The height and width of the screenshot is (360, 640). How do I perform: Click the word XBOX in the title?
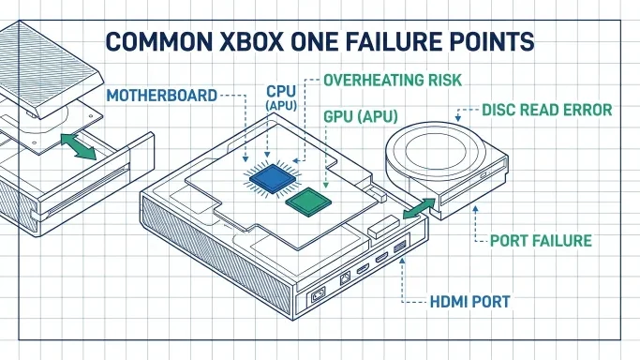pyautogui.click(x=251, y=41)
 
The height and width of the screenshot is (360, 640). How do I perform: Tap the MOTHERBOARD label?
pyautogui.click(x=161, y=96)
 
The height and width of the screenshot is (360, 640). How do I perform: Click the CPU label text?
pyautogui.click(x=281, y=91)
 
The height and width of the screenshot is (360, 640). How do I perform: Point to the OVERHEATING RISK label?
pyautogui.click(x=393, y=80)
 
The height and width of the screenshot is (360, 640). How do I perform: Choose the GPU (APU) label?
pyautogui.click(x=361, y=117)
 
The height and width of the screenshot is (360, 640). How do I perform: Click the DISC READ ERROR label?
pyautogui.click(x=547, y=110)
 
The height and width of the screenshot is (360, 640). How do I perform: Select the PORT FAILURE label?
pyautogui.click(x=541, y=241)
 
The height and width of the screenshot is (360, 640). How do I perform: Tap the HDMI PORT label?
pyautogui.click(x=469, y=302)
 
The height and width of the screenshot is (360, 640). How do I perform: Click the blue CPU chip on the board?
pyautogui.click(x=273, y=178)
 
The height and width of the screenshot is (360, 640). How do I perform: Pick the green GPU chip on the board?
pyautogui.click(x=308, y=202)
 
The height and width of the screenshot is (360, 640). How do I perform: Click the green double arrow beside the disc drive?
pyautogui.click(x=419, y=208)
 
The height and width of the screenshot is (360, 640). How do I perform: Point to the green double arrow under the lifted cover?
pyautogui.click(x=79, y=146)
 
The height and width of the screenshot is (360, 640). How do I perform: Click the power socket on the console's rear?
pyautogui.click(x=319, y=294)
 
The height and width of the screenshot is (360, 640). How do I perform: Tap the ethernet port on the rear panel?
pyautogui.click(x=345, y=278)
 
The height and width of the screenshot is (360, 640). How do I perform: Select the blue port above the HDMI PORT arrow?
pyautogui.click(x=400, y=247)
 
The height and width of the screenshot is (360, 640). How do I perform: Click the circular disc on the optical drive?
pyautogui.click(x=436, y=152)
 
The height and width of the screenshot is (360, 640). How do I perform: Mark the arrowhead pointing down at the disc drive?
pyautogui.click(x=458, y=118)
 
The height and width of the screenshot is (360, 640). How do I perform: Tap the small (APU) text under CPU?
pyautogui.click(x=281, y=105)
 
